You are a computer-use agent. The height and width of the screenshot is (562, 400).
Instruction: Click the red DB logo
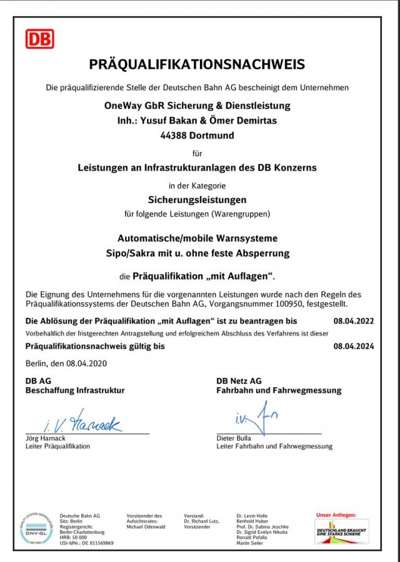pos(39,39)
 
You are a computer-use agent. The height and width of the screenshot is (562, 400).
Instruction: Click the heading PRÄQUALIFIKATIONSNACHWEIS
pos(197,64)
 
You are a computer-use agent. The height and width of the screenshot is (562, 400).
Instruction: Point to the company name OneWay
pos(122,106)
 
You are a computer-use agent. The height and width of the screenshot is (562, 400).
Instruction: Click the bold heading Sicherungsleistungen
pos(197,200)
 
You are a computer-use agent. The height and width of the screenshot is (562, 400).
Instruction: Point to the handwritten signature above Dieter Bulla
pos(256,418)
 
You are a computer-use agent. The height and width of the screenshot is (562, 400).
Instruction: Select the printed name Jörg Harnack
pos(45,438)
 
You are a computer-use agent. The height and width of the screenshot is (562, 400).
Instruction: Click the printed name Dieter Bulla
pos(234,438)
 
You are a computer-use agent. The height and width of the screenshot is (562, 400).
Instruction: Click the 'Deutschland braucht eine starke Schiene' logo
pos(341,531)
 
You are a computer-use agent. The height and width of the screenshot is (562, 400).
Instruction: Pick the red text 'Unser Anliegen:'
pos(336,515)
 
